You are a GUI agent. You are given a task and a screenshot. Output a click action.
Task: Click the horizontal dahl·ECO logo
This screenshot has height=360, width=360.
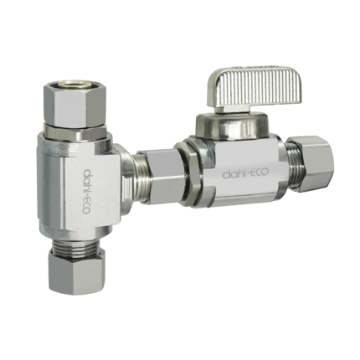pyautogui.click(x=245, y=173)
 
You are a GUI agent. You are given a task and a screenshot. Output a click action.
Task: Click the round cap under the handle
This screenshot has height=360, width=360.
pyautogui.click(x=233, y=126)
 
